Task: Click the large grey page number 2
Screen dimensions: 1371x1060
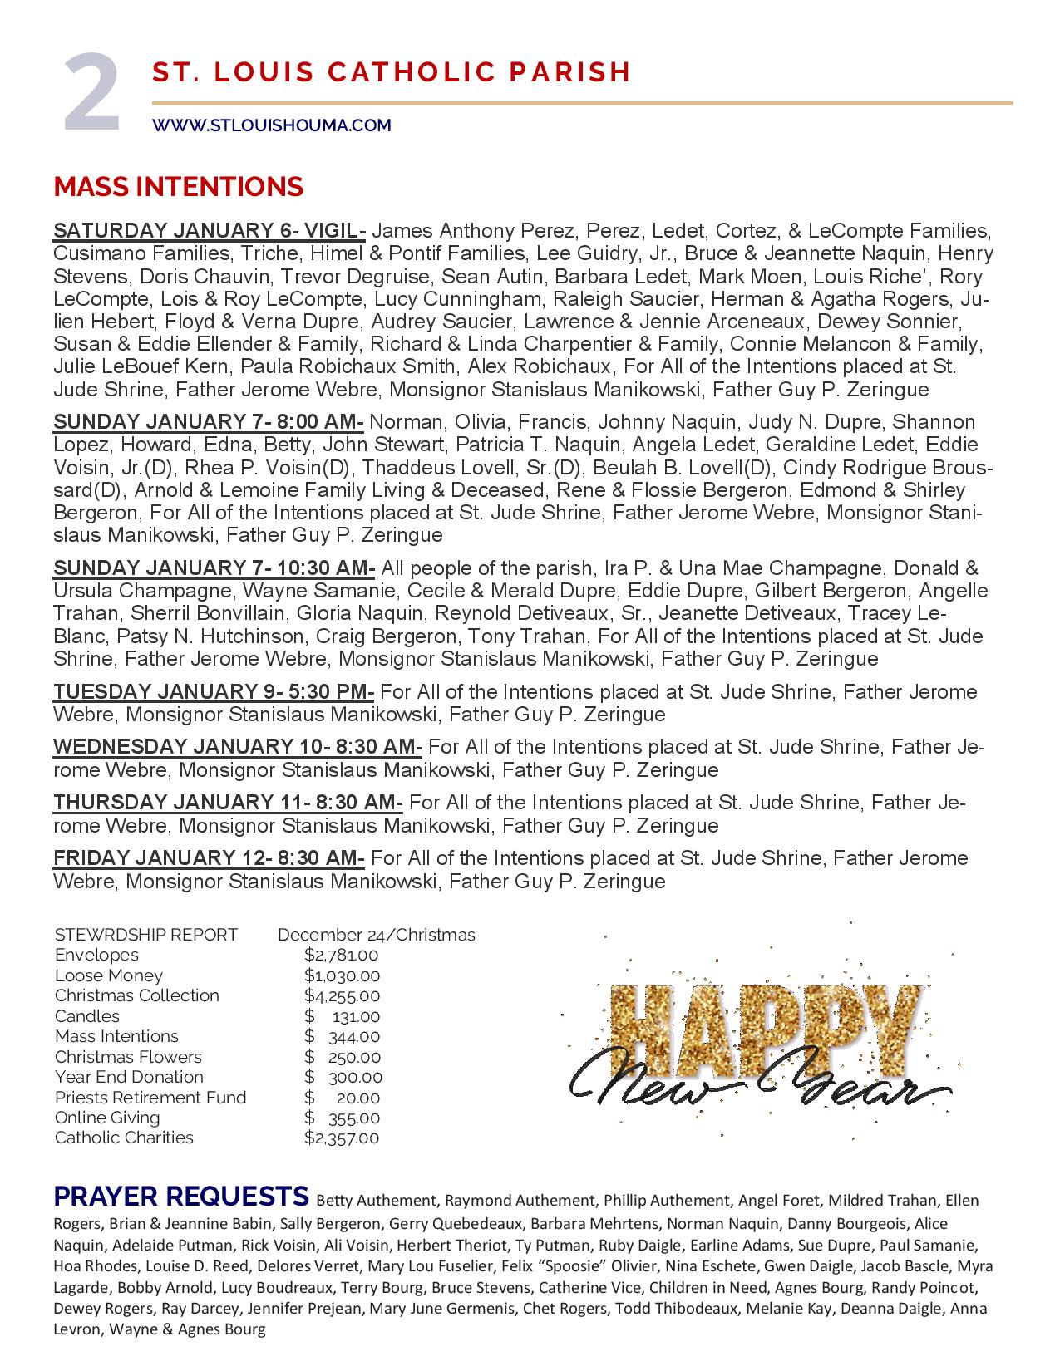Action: [x=92, y=93]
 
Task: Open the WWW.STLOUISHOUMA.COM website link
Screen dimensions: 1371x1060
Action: [x=271, y=125]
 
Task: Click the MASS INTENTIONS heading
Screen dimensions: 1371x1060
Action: [x=178, y=187]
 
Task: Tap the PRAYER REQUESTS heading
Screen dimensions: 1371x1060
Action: [x=181, y=1197]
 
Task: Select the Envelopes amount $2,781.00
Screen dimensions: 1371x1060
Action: [x=342, y=955]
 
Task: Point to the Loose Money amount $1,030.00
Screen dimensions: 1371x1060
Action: [x=342, y=975]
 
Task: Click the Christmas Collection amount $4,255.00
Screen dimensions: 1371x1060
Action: [x=342, y=995]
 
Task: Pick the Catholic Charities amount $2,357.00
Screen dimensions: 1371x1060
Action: [x=342, y=1138]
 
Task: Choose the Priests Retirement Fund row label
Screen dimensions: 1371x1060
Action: [x=150, y=1097]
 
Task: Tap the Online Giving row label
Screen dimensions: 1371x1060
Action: [x=107, y=1118]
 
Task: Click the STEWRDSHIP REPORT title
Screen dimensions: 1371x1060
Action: [x=146, y=935]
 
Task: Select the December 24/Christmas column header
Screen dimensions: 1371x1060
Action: [x=376, y=935]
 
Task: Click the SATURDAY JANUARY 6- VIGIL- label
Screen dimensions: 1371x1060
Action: [x=210, y=230]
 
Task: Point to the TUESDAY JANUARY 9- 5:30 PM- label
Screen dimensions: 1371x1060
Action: [x=214, y=692]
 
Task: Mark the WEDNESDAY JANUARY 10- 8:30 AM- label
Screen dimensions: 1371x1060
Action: [x=238, y=747]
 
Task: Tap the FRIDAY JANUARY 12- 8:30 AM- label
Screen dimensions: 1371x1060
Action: [x=209, y=858]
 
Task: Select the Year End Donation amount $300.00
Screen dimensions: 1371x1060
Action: [x=343, y=1077]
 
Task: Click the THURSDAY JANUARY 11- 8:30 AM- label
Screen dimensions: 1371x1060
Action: [x=228, y=803]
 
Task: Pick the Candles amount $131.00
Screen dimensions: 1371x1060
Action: [x=342, y=1016]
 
